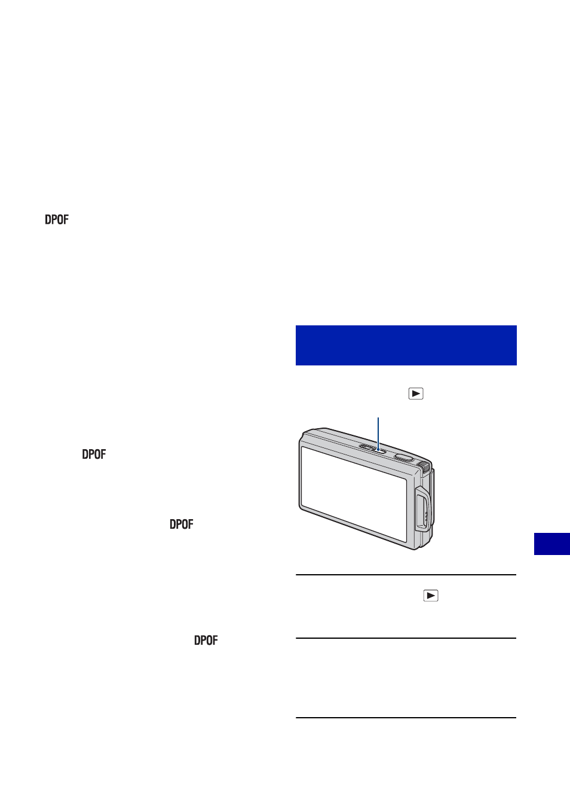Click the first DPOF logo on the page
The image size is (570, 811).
tap(56, 219)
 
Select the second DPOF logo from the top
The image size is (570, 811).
tap(94, 454)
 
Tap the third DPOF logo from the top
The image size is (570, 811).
tap(182, 524)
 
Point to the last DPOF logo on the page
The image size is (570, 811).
tap(206, 640)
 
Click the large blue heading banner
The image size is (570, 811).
tap(406, 345)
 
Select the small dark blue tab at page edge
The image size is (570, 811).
tap(552, 544)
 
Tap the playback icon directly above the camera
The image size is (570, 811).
tap(416, 394)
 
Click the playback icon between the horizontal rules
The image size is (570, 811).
tap(431, 596)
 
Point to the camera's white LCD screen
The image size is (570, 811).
tap(354, 494)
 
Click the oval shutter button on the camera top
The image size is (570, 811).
tap(404, 458)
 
